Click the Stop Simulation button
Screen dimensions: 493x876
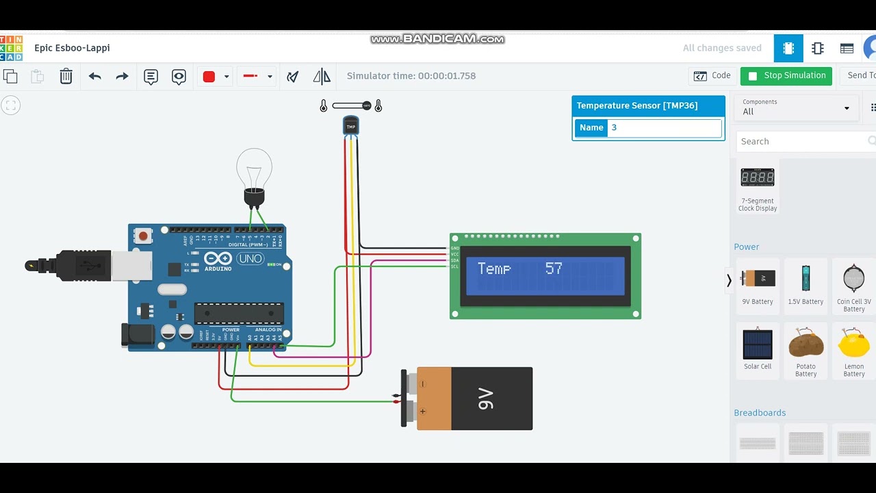(x=786, y=76)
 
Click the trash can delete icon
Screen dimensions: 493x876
(x=66, y=76)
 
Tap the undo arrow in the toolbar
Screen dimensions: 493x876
(x=94, y=76)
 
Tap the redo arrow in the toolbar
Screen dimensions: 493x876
(x=122, y=76)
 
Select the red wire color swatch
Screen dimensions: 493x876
(x=209, y=77)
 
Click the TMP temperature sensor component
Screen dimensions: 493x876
(x=351, y=126)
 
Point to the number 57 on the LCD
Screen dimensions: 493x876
(x=554, y=268)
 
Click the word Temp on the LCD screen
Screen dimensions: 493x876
(x=494, y=268)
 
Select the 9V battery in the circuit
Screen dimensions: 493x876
(x=472, y=399)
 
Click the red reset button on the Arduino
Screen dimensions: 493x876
(x=143, y=236)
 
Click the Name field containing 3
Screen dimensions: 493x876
(x=664, y=128)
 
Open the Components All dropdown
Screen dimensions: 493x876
(x=796, y=108)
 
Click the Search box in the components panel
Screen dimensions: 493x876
(x=801, y=142)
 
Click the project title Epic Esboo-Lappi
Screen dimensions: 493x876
(x=72, y=48)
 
